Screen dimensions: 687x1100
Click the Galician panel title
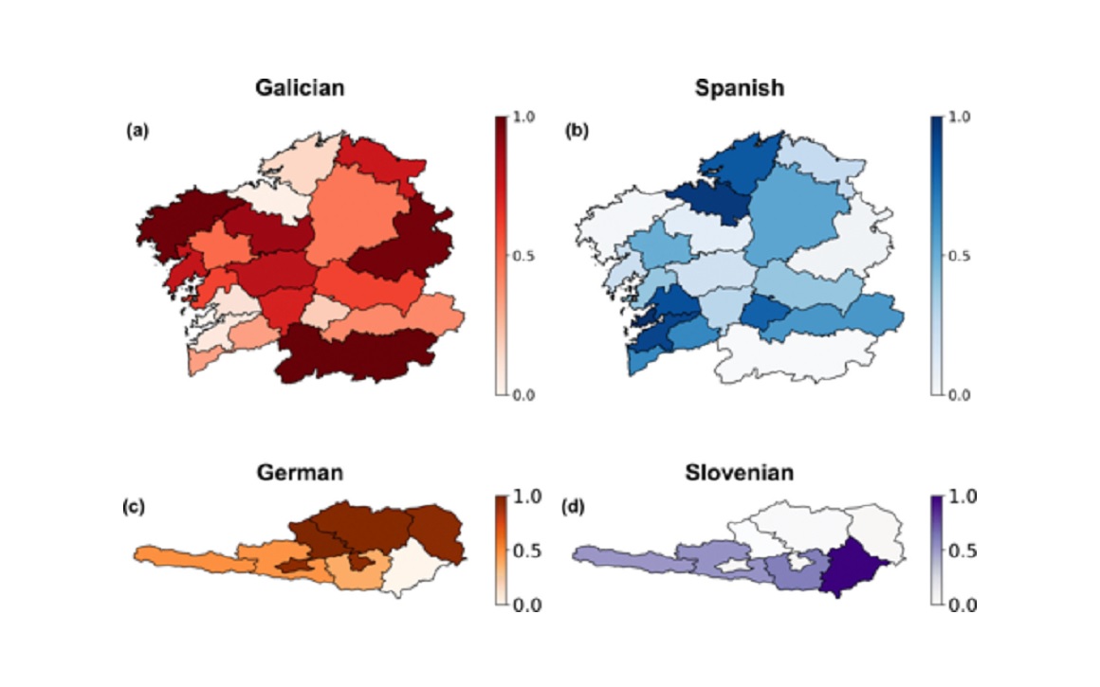[299, 88]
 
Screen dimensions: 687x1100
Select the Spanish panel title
[739, 88]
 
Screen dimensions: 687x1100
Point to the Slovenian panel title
[740, 473]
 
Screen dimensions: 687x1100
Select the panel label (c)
[134, 507]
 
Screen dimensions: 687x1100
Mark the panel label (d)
[573, 507]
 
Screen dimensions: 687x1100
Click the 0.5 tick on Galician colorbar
[522, 256]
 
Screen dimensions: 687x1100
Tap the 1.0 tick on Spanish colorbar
[962, 118]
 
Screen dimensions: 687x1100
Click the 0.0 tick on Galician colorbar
[522, 395]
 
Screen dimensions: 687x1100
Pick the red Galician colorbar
[502, 256]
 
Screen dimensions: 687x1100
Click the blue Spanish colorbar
[937, 256]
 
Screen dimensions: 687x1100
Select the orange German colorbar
[502, 550]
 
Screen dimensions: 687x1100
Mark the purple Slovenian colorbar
[937, 550]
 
